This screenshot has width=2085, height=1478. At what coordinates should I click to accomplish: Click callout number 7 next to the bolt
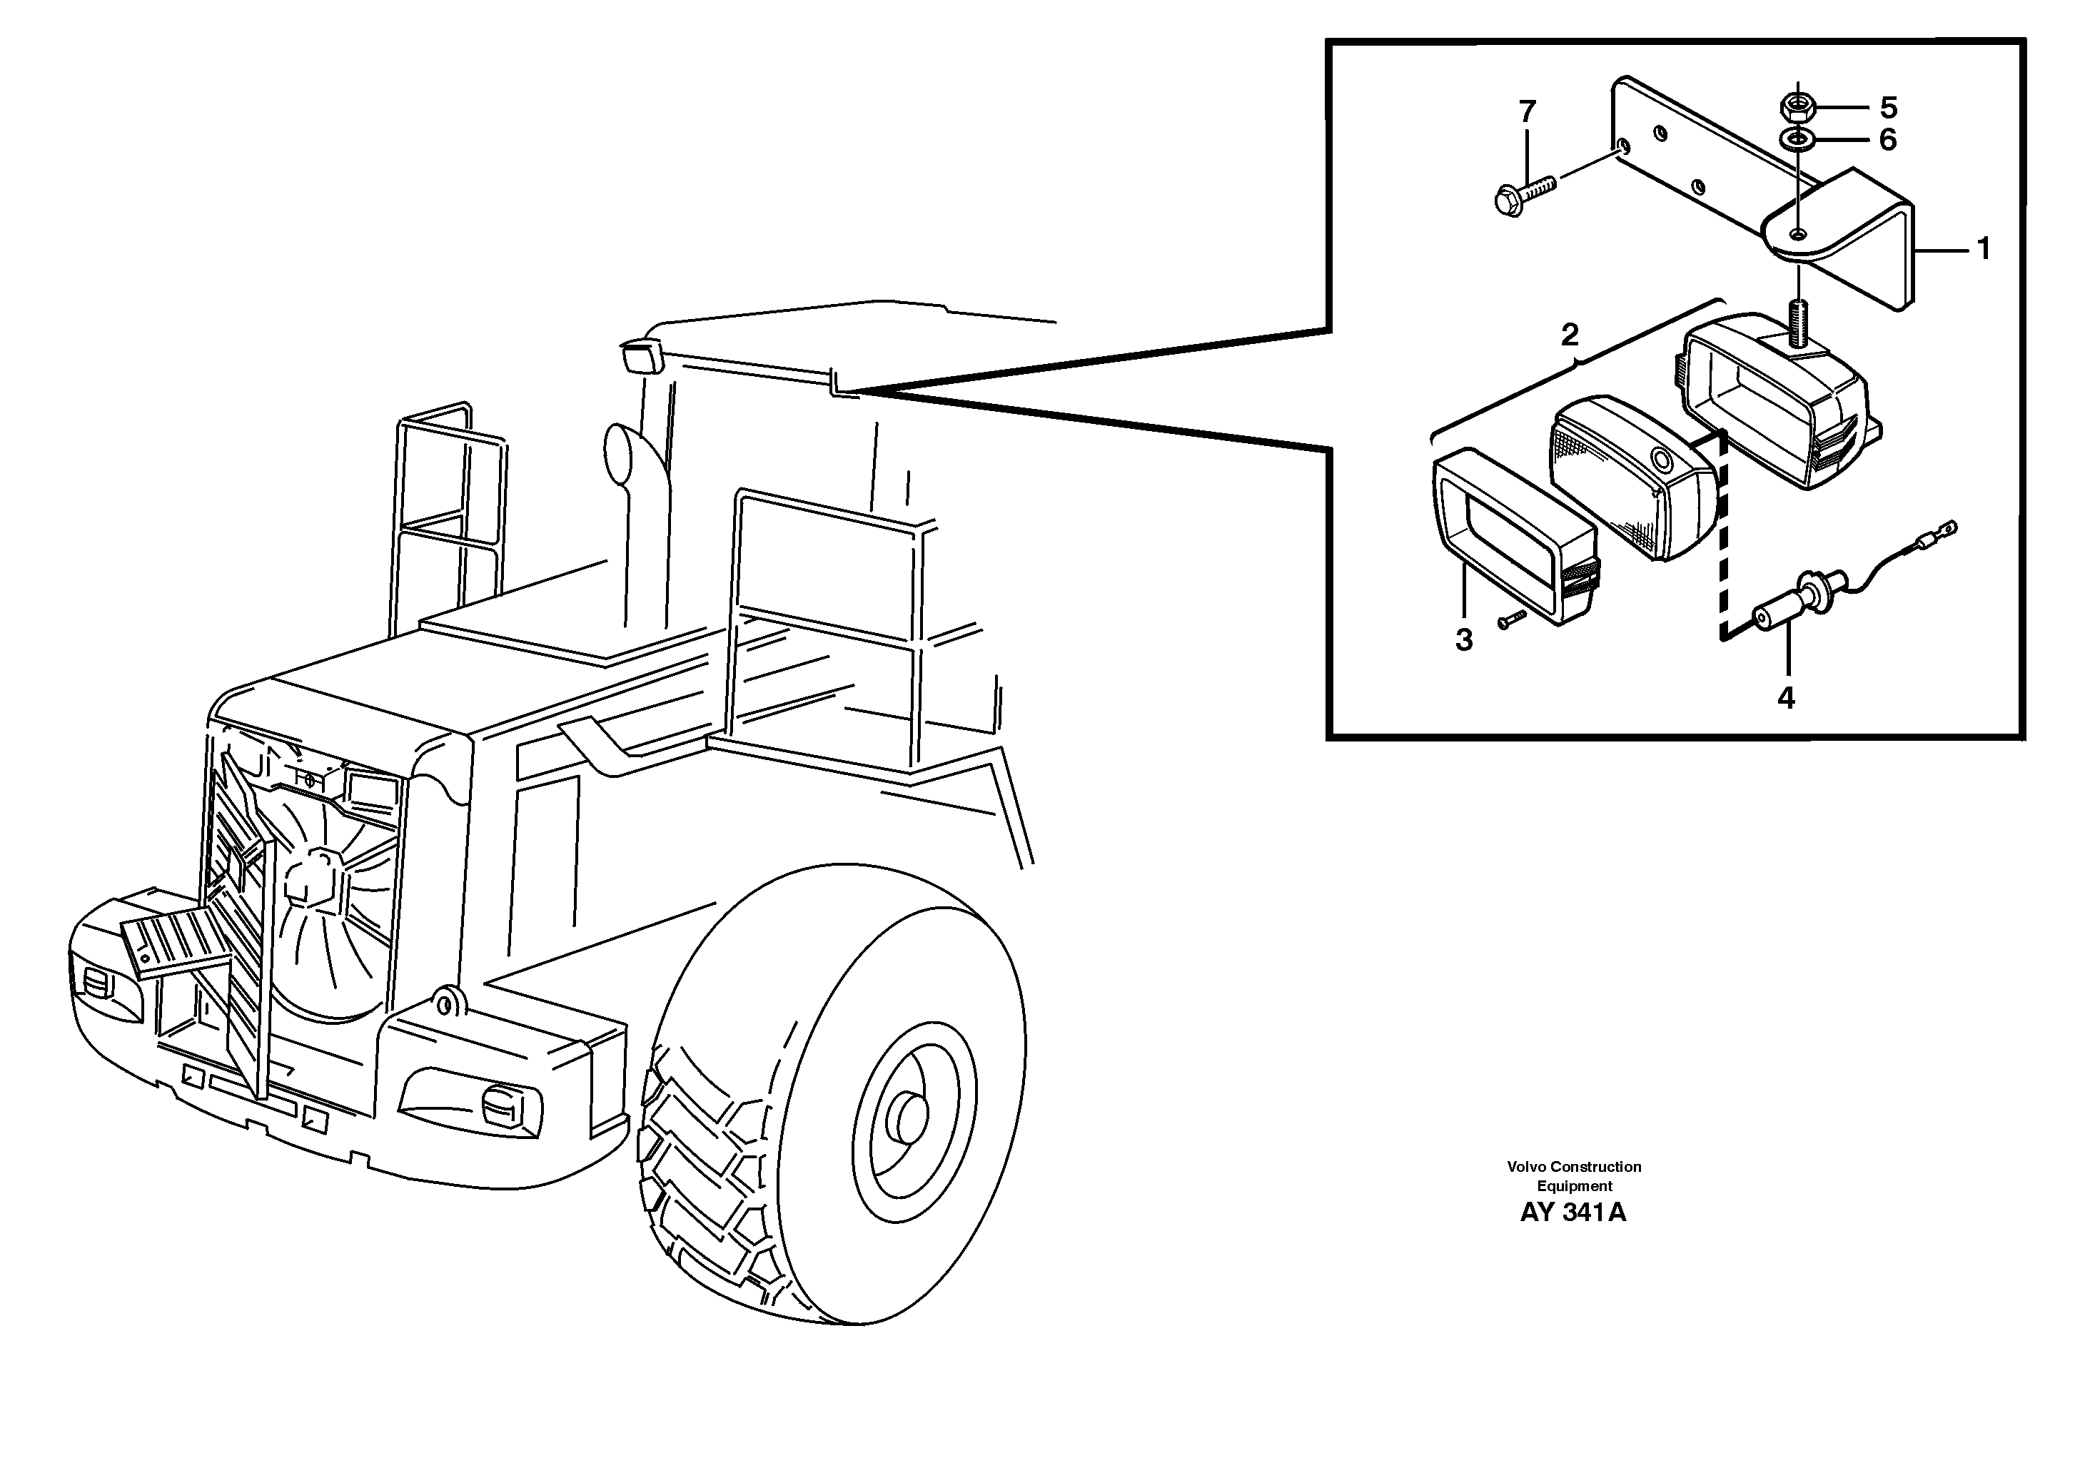click(1527, 112)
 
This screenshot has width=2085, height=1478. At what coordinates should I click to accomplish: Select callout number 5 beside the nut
click(1889, 108)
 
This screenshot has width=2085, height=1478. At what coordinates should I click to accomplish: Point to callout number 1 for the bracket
click(1984, 248)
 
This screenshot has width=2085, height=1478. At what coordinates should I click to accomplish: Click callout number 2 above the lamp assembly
click(1570, 335)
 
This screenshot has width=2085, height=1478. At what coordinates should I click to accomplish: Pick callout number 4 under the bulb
click(1786, 698)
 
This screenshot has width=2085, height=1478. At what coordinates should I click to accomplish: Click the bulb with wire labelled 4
click(1797, 602)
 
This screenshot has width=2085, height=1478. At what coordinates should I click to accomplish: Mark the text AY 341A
click(1572, 1213)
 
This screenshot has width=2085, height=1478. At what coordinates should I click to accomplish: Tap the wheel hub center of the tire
click(907, 1118)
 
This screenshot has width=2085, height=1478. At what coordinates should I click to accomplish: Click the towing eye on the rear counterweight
click(444, 1004)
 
